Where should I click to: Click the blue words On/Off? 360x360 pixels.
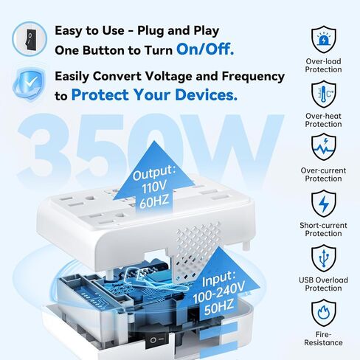[x=205, y=50]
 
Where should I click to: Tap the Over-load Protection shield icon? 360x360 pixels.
[x=323, y=37]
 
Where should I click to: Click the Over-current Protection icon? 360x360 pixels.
[x=323, y=146]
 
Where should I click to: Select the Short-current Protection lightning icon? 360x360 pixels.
[x=323, y=201]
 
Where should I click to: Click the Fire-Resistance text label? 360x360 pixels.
[x=323, y=339]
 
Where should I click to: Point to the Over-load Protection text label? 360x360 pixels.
[x=323, y=66]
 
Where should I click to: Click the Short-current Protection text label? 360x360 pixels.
[x=323, y=230]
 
